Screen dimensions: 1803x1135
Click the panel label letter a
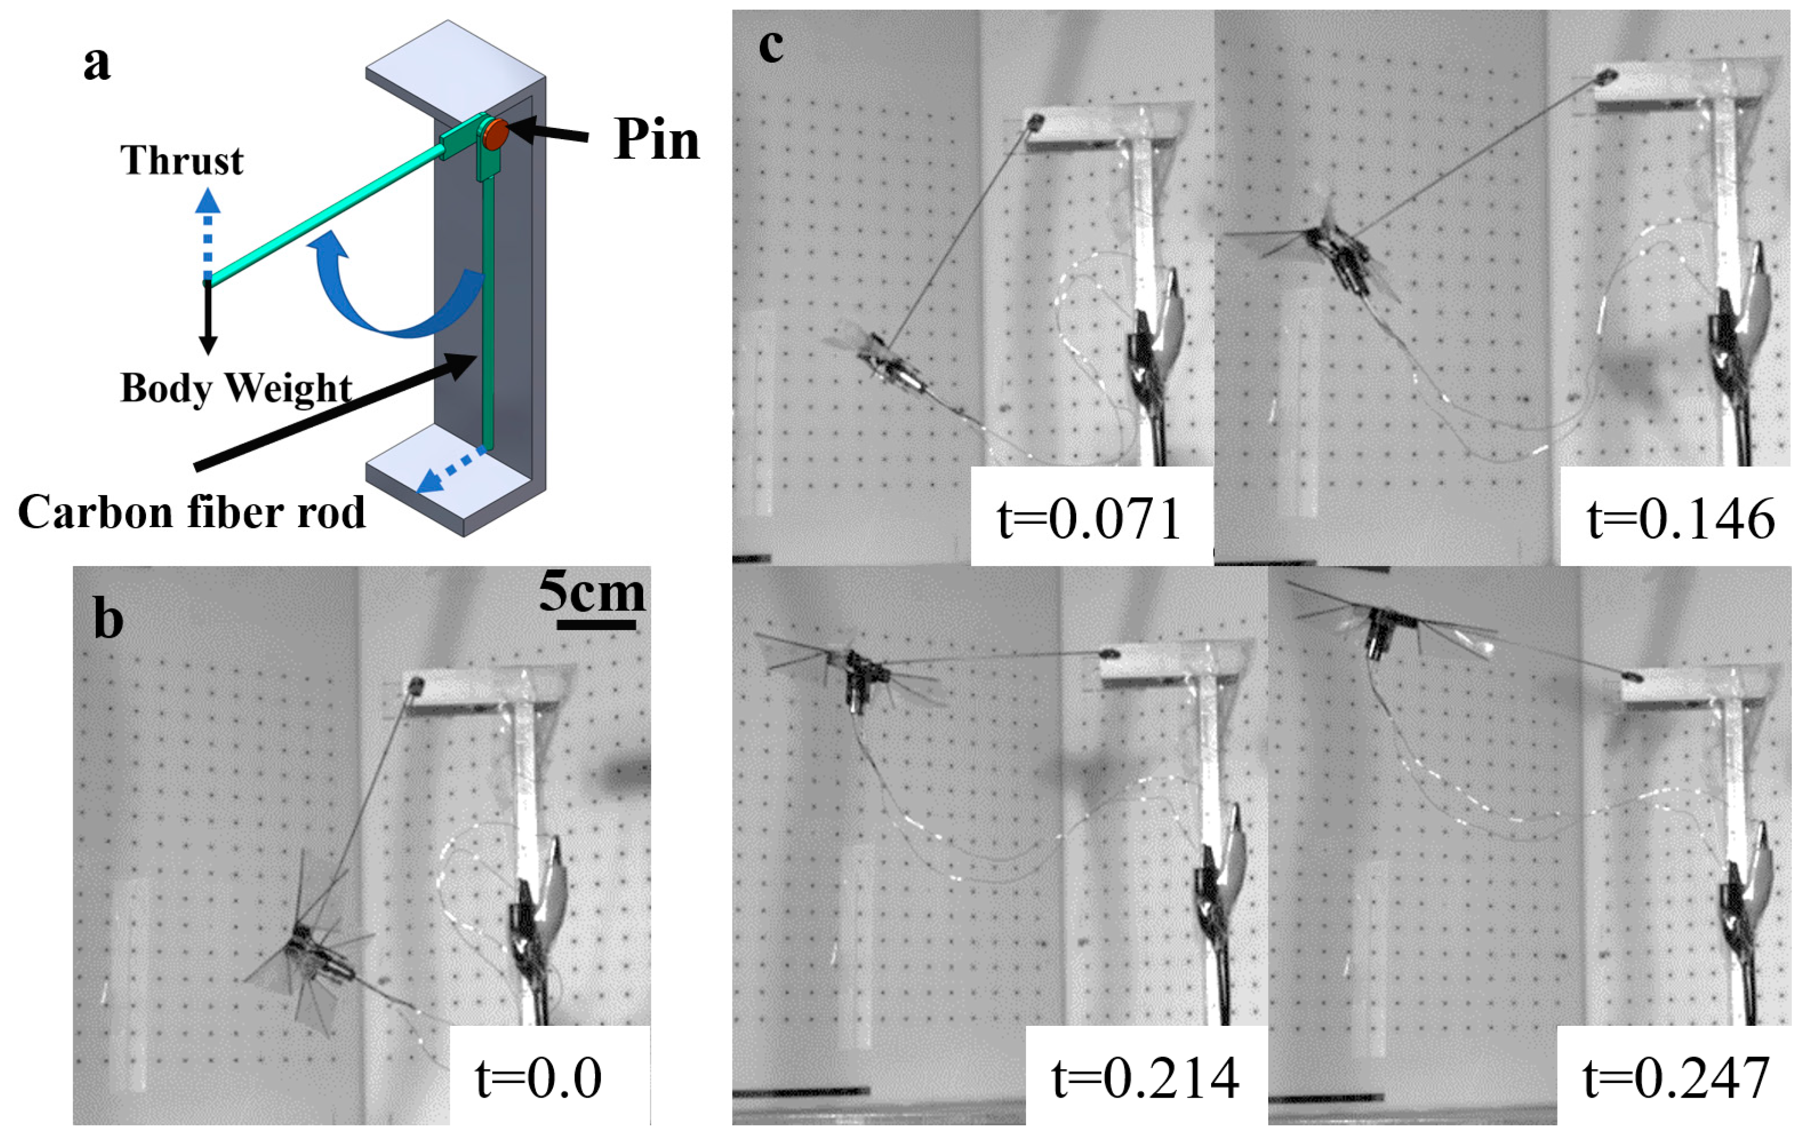point(97,63)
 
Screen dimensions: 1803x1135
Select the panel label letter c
point(771,47)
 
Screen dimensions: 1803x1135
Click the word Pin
point(656,140)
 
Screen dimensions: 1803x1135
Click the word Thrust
point(182,161)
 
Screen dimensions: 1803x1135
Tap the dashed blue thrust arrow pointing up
point(208,232)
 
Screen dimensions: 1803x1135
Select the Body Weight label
point(236,388)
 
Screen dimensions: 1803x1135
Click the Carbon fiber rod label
point(191,513)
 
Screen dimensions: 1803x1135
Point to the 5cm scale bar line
point(596,624)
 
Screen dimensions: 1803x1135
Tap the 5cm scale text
point(591,592)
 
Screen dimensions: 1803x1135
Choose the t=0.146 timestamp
point(1680,519)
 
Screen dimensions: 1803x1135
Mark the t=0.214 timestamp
point(1145,1078)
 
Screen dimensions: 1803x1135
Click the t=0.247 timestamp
point(1676,1078)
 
